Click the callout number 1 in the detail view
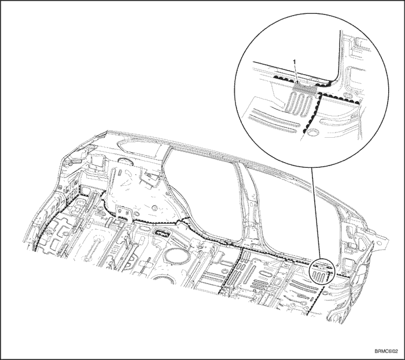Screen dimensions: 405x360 pos(294,61)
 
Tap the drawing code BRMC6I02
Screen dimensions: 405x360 pos(386,352)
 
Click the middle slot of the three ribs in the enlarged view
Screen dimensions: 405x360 pos(300,102)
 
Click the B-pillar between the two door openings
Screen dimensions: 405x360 pos(248,201)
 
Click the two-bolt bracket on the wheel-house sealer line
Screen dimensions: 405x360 pos(123,213)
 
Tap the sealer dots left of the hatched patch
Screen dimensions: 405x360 pos(283,79)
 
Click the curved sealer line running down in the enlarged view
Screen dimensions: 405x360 pos(312,113)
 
